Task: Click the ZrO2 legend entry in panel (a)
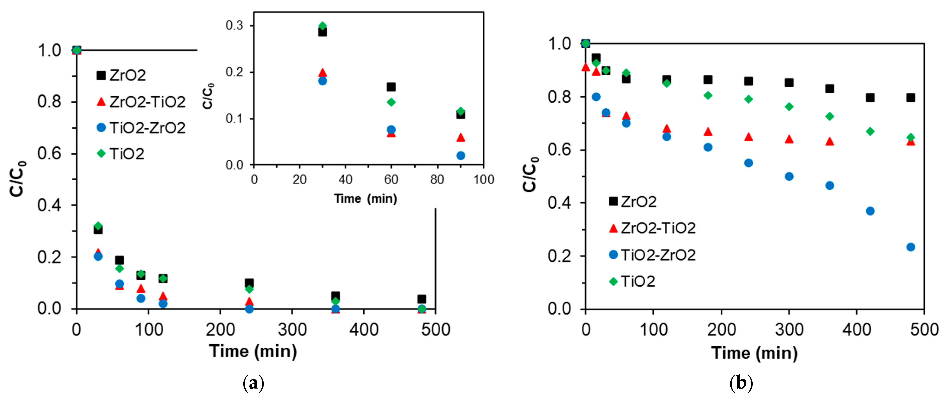pos(121,75)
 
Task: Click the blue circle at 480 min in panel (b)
pos(911,247)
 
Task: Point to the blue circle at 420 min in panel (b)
pos(870,211)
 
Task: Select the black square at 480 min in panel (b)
pos(911,98)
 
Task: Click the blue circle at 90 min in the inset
pos(461,155)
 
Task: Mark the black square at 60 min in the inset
pos(391,87)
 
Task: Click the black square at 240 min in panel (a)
pos(249,283)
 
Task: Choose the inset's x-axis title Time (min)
pos(365,198)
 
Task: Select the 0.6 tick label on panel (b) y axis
pos(559,150)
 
